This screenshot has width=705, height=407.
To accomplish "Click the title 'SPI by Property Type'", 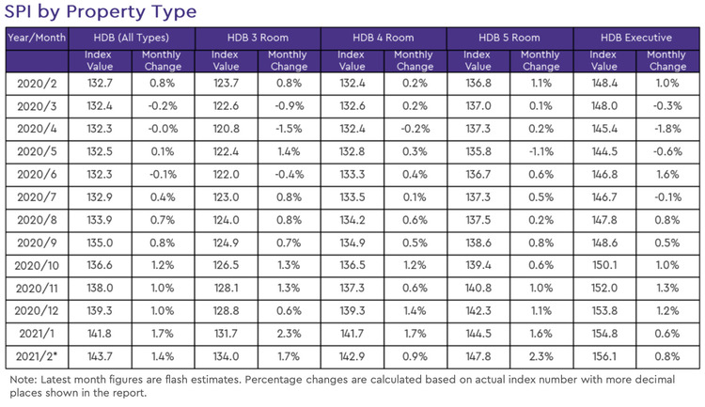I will coord(101,12).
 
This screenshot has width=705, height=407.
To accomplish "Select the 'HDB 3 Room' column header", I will coord(258,38).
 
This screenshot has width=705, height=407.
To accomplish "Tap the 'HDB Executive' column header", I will coord(635,38).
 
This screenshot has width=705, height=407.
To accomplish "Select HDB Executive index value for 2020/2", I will coord(604,84).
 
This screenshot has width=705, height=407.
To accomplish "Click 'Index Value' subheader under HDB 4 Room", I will coord(352,61).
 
